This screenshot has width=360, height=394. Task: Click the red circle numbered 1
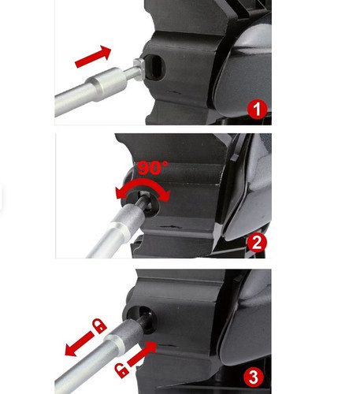(x=257, y=109)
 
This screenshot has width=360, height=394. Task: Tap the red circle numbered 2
(x=257, y=243)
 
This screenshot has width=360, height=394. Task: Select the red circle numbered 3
(x=254, y=377)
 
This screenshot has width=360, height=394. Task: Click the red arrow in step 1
(x=93, y=57)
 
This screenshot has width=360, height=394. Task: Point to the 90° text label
(x=153, y=168)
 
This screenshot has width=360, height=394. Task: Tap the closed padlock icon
(x=99, y=325)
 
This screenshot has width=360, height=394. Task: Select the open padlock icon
(x=122, y=371)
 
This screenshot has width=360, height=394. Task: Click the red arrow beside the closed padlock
(x=79, y=344)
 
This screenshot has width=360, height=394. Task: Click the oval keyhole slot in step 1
(x=155, y=67)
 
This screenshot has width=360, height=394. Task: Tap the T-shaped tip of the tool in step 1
(x=139, y=69)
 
